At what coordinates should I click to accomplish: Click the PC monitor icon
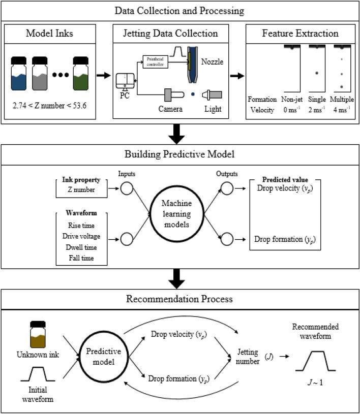click(125, 81)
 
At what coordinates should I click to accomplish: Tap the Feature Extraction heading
click(299, 34)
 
